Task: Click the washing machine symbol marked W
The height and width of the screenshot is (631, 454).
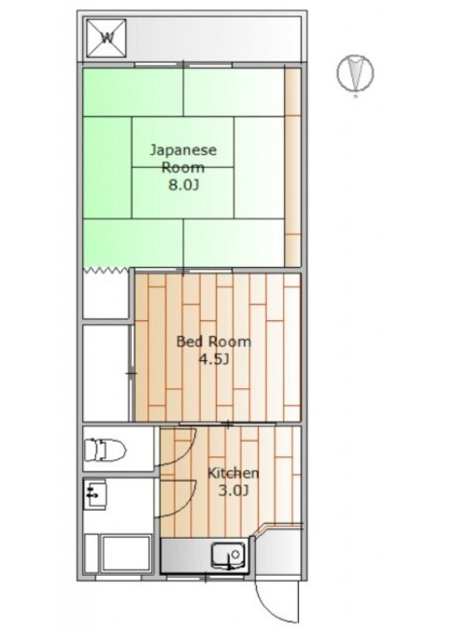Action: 106,38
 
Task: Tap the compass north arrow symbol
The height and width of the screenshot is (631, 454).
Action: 355,73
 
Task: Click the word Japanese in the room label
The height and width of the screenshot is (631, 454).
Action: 183,149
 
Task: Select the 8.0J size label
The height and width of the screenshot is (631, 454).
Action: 184,185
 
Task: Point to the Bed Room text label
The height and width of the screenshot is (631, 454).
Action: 214,342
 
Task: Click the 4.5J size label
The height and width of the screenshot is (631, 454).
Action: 214,358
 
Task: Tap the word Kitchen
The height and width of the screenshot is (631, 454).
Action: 233,473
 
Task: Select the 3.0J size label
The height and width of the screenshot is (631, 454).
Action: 233,491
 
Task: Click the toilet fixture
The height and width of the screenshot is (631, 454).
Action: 106,450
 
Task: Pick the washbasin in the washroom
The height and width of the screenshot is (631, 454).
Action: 95,494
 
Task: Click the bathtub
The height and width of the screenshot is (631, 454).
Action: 126,554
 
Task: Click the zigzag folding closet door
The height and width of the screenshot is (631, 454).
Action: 108,270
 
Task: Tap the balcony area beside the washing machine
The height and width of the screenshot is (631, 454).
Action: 214,39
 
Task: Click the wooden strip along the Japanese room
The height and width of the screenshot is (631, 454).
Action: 293,167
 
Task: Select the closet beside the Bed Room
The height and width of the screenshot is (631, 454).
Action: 106,372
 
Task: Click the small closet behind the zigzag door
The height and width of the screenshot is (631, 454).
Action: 107,295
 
